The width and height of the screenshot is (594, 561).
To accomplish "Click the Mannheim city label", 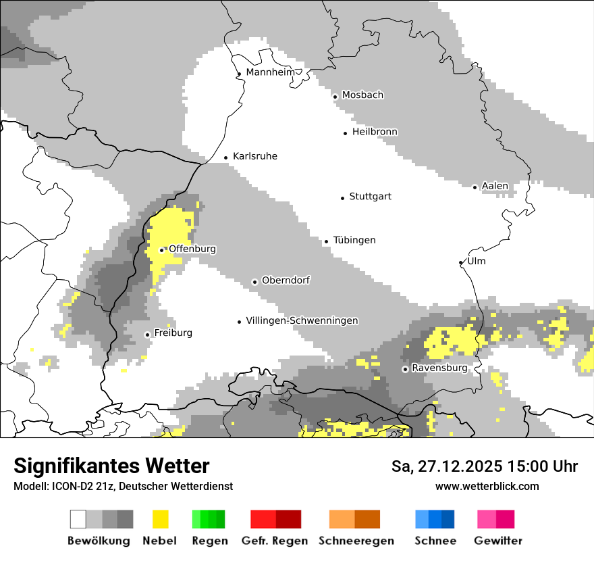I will tap(271, 72).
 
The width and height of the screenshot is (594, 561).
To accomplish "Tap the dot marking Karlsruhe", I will tap(226, 157).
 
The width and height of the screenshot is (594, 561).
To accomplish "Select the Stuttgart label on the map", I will tap(370, 197).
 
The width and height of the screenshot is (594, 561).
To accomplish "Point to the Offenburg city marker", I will tap(161, 250).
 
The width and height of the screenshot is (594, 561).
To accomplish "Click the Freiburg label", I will tap(173, 333).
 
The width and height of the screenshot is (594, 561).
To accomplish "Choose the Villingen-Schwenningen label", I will tap(302, 321).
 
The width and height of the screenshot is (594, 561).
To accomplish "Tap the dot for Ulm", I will tap(461, 262).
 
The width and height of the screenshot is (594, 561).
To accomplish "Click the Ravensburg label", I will tap(439, 368).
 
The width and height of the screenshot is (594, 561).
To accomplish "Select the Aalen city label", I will tap(495, 186).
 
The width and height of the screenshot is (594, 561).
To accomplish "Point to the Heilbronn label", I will tap(375, 132).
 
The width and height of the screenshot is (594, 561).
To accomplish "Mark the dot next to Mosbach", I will tap(335, 97).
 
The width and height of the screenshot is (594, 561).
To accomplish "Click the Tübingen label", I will tap(354, 241).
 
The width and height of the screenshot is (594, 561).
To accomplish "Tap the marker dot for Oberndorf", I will tap(254, 282).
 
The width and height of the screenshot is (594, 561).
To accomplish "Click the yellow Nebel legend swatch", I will tap(160, 519).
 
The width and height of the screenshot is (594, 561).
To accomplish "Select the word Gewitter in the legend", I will tap(498, 541).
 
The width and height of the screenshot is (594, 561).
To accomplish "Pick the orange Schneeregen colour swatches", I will tap(355, 519).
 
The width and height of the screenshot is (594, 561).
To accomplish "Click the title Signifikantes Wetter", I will tap(111, 466).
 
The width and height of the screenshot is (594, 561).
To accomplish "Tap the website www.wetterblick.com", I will tap(487, 486).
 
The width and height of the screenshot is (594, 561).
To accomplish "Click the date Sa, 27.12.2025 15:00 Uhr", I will tap(485, 466).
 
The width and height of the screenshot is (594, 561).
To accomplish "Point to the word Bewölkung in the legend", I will tap(99, 541).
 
